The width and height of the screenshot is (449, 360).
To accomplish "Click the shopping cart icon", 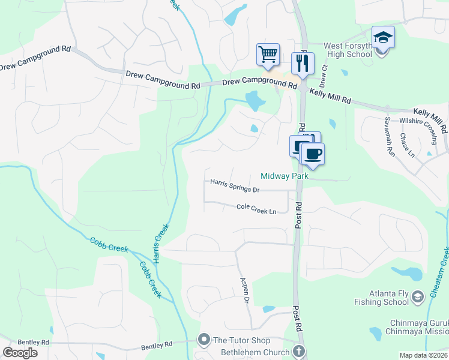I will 268,54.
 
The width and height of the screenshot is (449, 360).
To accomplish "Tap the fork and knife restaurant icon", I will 303,63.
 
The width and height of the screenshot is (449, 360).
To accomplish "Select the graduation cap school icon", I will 382,38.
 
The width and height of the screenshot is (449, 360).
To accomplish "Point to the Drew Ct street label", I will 325,76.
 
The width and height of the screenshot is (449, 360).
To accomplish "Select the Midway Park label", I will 285,176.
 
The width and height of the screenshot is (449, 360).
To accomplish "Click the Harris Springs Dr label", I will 234,185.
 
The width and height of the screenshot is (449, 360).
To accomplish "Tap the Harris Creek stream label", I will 160,244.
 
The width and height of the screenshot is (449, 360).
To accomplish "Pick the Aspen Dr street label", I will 244,291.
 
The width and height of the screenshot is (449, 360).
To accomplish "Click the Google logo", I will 20,353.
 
